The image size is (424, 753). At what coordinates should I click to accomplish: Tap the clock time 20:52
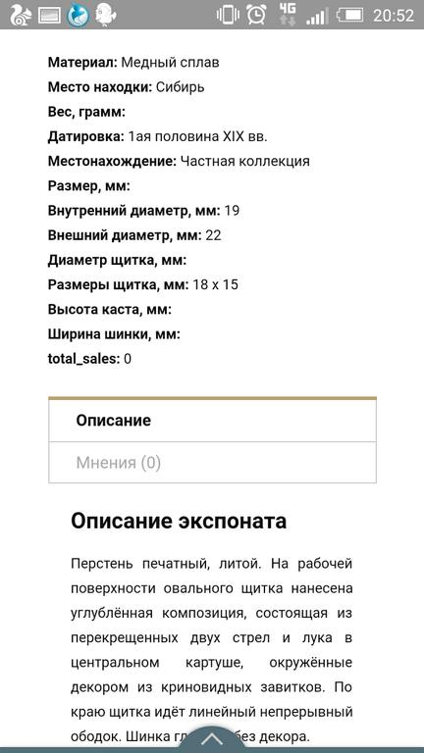(x=393, y=15)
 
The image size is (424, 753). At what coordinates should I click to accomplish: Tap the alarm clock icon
(x=256, y=15)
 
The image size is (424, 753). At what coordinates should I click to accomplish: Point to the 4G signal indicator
(x=287, y=14)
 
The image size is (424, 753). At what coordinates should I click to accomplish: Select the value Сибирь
(x=181, y=86)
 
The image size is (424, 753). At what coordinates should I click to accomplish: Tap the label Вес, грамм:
(x=86, y=112)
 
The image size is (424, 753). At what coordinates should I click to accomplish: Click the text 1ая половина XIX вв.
(x=197, y=136)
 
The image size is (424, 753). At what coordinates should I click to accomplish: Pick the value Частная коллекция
(x=245, y=161)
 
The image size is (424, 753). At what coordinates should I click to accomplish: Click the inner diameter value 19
(x=233, y=210)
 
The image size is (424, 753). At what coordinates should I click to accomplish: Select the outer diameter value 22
(x=214, y=235)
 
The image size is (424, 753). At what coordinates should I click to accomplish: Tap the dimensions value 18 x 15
(x=216, y=284)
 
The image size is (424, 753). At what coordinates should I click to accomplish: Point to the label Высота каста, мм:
(x=110, y=309)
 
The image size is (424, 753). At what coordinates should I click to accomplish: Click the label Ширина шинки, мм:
(x=114, y=333)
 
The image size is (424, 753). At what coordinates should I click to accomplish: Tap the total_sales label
(x=83, y=359)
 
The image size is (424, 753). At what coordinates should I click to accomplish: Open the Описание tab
(x=114, y=421)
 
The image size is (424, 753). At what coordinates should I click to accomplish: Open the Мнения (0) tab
(x=119, y=463)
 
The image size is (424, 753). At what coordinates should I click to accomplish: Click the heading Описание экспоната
(x=179, y=521)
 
